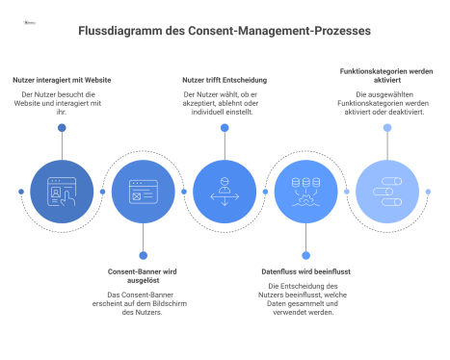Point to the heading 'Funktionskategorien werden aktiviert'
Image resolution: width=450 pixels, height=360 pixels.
pyautogui.click(x=385, y=75)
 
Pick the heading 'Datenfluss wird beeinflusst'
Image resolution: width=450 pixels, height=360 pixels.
pyautogui.click(x=305, y=272)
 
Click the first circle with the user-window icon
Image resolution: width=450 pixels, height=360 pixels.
pyautogui.click(x=62, y=191)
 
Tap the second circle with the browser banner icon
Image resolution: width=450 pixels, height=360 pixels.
pyautogui.click(x=143, y=191)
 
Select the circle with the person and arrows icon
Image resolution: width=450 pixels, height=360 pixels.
pyautogui.click(x=225, y=191)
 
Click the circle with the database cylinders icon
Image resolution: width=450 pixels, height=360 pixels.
pyautogui.click(x=305, y=191)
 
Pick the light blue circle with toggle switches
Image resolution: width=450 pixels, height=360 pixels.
pyautogui.click(x=386, y=191)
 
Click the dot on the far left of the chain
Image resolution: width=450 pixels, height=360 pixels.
pyautogui.click(x=21, y=191)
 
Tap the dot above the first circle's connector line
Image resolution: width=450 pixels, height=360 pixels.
pyautogui.click(x=62, y=127)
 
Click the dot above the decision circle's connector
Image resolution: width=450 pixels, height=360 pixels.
pyautogui.click(x=225, y=127)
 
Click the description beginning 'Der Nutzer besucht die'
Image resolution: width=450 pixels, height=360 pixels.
pyautogui.click(x=62, y=101)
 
